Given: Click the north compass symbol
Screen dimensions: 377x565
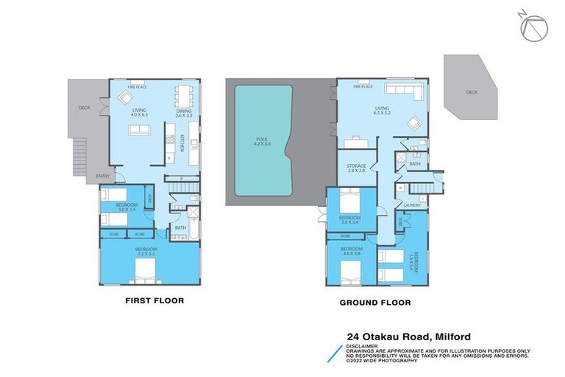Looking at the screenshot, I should pos(533,27).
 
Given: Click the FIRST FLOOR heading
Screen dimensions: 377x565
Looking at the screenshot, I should pos(154,300).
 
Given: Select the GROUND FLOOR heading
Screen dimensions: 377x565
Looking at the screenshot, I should pos(374,303).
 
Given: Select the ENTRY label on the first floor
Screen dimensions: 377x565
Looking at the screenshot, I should pos(102,176).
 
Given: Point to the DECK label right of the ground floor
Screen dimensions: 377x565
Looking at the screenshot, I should pos(472,93).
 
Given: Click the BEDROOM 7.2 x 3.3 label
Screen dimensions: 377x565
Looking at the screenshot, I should pos(145,253).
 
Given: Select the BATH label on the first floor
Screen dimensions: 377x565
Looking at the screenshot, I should pos(180,228).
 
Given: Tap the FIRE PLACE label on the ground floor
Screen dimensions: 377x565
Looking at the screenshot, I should pos(363,86).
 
